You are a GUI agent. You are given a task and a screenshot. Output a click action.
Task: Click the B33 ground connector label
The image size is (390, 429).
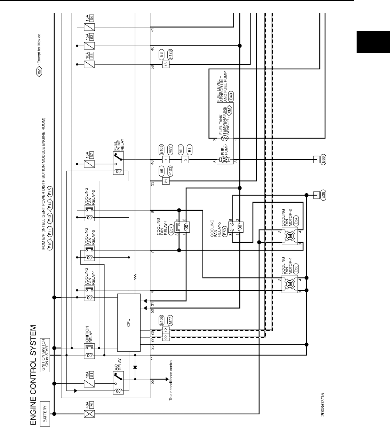point(323,160)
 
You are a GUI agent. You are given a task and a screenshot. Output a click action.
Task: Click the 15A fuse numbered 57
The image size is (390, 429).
point(90,163)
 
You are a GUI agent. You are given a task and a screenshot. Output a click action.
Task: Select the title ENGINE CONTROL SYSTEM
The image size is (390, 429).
point(33,375)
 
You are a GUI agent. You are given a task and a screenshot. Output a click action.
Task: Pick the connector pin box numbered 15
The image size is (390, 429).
point(166,64)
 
